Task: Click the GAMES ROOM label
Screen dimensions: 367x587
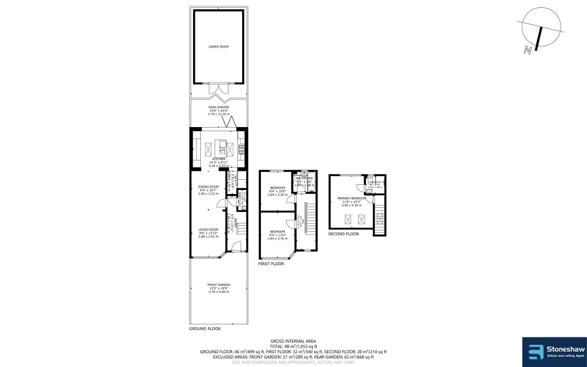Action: pyautogui.click(x=218, y=47)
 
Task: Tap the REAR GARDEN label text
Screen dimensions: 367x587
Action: pyautogui.click(x=218, y=107)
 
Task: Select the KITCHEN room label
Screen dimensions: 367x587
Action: pyautogui.click(x=218, y=159)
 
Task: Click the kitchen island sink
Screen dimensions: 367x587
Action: pyautogui.click(x=222, y=149)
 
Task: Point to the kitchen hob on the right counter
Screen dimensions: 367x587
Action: pyautogui.click(x=241, y=149)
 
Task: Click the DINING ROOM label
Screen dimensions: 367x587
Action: pyautogui.click(x=208, y=187)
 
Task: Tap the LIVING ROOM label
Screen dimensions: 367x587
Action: pyautogui.click(x=208, y=229)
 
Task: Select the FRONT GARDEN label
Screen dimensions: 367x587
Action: pyautogui.click(x=218, y=284)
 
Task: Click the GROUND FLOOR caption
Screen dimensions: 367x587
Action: pyautogui.click(x=205, y=329)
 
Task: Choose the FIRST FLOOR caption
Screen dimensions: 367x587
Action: pyautogui.click(x=271, y=264)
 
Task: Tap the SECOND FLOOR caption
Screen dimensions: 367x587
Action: pyautogui.click(x=343, y=234)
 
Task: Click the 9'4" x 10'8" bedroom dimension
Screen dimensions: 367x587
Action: pyautogui.click(x=277, y=191)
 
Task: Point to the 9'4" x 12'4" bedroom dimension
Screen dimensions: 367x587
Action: pyautogui.click(x=277, y=235)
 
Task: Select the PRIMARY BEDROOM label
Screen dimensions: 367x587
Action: pyautogui.click(x=352, y=198)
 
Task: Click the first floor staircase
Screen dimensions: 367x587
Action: pyautogui.click(x=310, y=220)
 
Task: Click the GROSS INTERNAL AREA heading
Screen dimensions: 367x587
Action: pyautogui.click(x=293, y=341)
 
